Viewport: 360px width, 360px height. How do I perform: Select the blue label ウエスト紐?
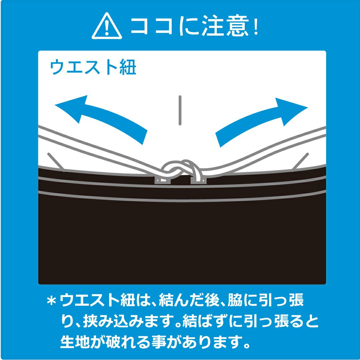(x=93, y=68)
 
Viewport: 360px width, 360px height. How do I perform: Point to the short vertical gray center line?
(x=180, y=110)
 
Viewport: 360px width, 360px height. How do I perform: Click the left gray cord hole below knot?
(x=163, y=180)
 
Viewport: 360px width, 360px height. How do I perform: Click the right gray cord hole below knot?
(x=198, y=180)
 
